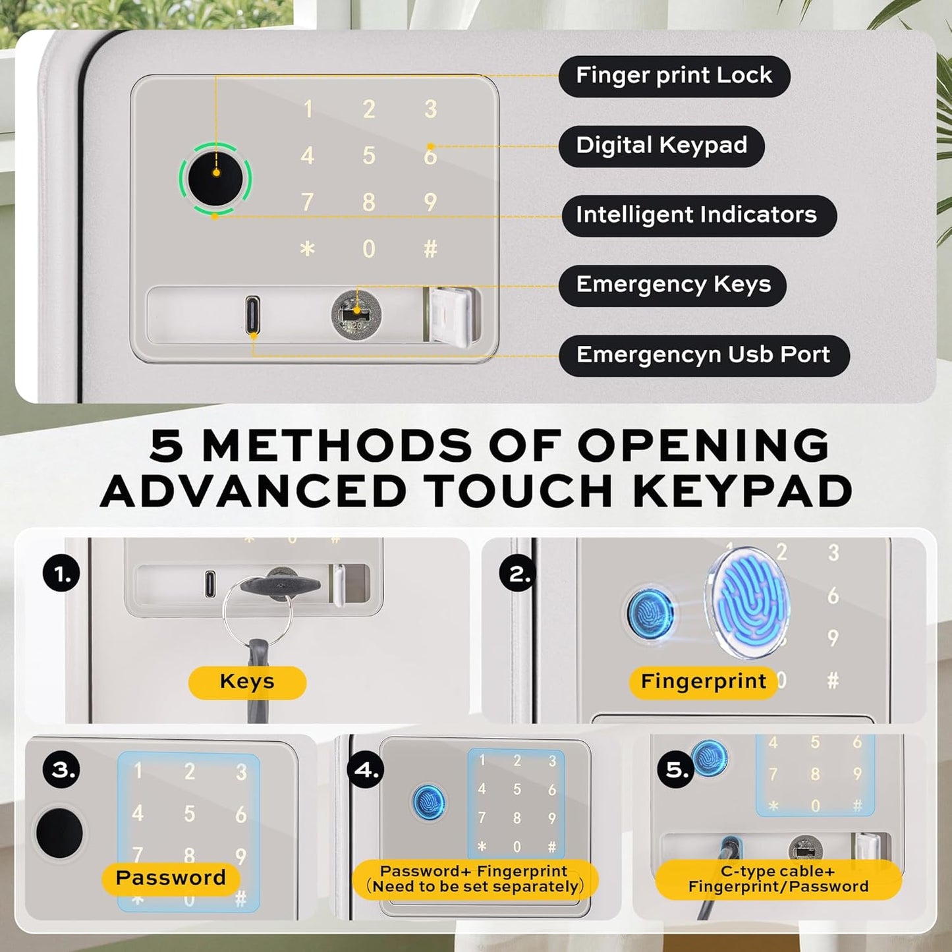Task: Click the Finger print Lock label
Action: click(x=675, y=76)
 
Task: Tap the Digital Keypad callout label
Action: click(x=661, y=146)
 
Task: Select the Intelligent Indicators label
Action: click(x=698, y=216)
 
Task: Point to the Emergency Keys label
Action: click(x=673, y=286)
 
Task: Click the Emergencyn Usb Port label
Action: click(x=704, y=356)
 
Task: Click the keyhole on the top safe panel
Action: click(x=356, y=314)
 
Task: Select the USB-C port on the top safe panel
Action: click(x=252, y=315)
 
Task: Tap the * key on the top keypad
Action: click(x=307, y=249)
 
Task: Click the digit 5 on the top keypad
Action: click(x=368, y=155)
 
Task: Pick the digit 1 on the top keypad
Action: click(x=308, y=109)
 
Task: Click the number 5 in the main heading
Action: click(x=167, y=445)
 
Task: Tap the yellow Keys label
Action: click(x=247, y=683)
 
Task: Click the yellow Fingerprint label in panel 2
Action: click(x=704, y=683)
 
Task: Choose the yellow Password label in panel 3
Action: click(x=171, y=878)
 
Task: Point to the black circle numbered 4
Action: click(x=365, y=770)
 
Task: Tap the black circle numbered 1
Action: click(x=61, y=574)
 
